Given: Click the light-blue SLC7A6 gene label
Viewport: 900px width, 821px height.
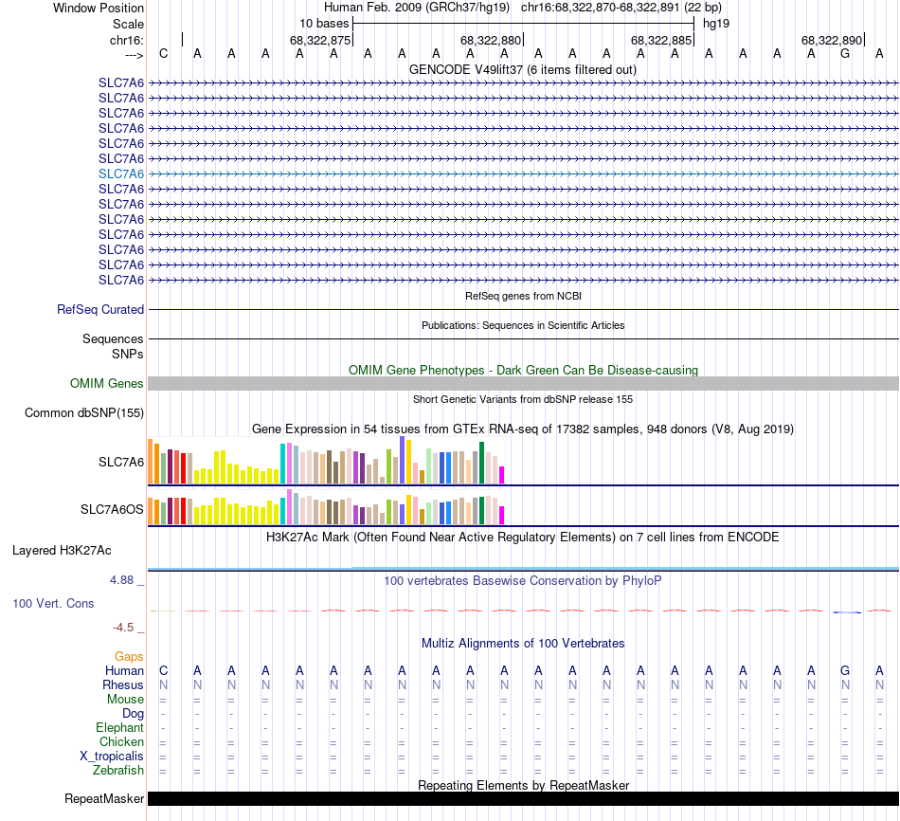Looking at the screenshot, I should [x=121, y=173].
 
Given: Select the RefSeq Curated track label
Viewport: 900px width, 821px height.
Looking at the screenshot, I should [x=100, y=309].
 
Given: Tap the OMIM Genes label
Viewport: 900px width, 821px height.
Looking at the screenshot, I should [x=107, y=383].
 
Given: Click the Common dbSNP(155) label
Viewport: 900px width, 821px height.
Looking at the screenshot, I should [x=84, y=412].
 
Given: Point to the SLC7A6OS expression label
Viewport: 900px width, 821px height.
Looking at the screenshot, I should [x=112, y=510].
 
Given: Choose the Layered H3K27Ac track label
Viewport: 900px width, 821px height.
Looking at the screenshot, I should [x=62, y=550].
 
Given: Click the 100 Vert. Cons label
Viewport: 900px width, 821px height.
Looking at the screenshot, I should [x=53, y=603].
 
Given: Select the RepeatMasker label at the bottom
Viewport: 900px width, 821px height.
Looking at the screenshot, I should [x=104, y=798].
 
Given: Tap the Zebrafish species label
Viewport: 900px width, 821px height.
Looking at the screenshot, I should [x=118, y=770].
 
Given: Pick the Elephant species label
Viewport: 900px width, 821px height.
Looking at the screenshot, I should [x=119, y=727].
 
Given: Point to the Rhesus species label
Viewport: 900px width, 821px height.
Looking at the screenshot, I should [x=123, y=684].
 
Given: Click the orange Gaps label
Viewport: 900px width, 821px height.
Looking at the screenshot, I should [x=129, y=656].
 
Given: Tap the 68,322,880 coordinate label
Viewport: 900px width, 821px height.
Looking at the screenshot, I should [x=491, y=41].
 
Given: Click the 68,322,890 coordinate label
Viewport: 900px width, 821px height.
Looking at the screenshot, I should [x=832, y=41].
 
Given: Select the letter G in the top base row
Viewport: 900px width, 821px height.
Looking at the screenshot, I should [x=845, y=53].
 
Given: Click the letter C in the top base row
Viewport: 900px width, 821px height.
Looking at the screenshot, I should [x=163, y=53].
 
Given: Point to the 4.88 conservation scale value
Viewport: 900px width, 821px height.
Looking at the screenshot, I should [x=126, y=579].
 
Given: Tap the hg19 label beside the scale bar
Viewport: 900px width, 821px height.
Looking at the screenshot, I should [x=715, y=23].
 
